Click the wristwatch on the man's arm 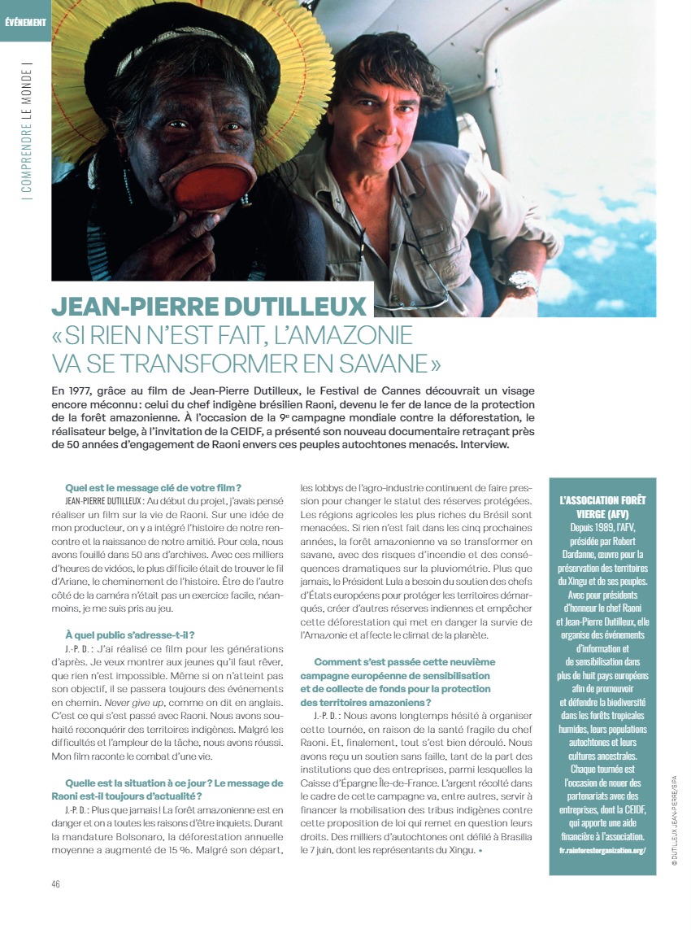click(x=522, y=281)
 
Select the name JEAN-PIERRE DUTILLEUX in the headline click(x=209, y=307)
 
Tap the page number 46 click(x=56, y=883)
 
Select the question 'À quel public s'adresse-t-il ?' click(x=129, y=634)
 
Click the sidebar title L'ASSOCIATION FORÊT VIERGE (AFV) click(x=602, y=507)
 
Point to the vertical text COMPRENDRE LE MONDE click(x=28, y=131)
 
